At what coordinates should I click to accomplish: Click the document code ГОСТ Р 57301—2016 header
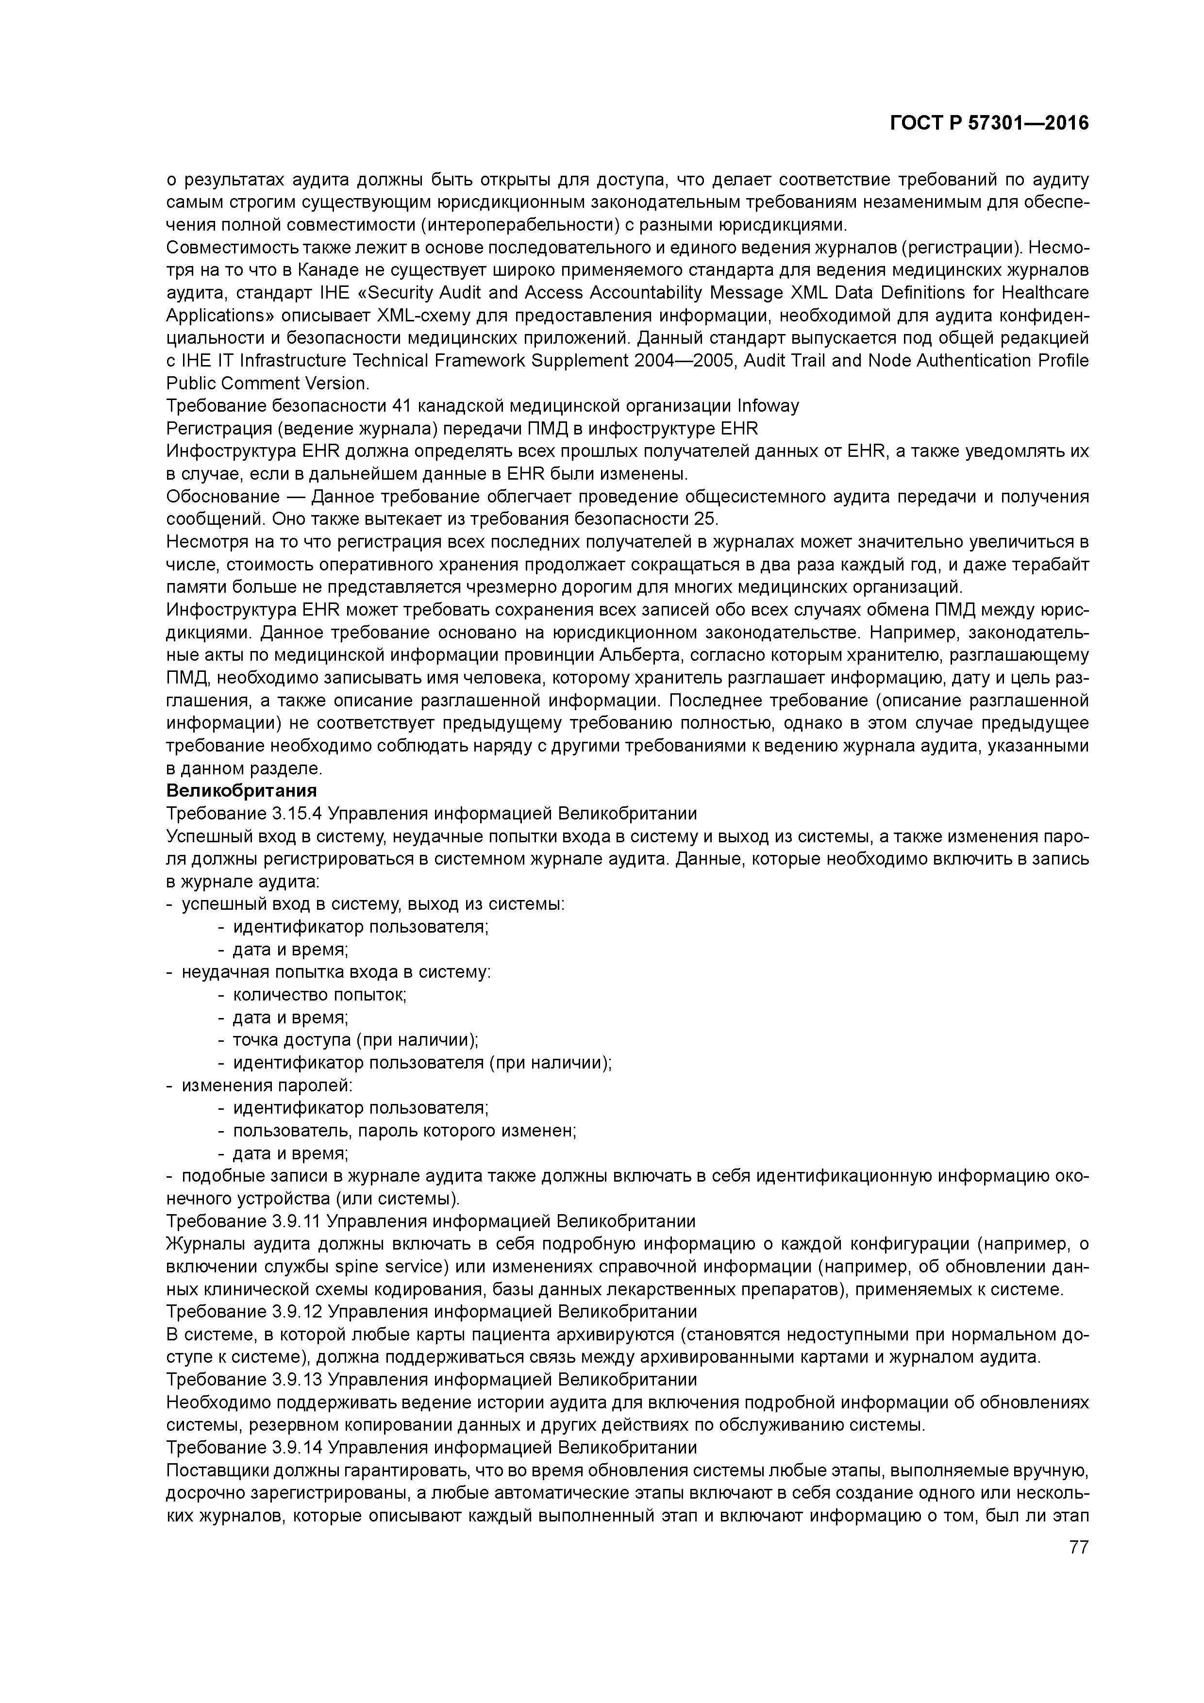click(x=989, y=124)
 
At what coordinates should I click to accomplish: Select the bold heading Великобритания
click(x=242, y=790)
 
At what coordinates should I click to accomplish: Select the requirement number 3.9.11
click(x=297, y=1221)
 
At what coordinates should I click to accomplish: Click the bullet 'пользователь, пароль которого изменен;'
click(x=405, y=1130)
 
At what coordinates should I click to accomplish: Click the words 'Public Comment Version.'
click(x=267, y=384)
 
